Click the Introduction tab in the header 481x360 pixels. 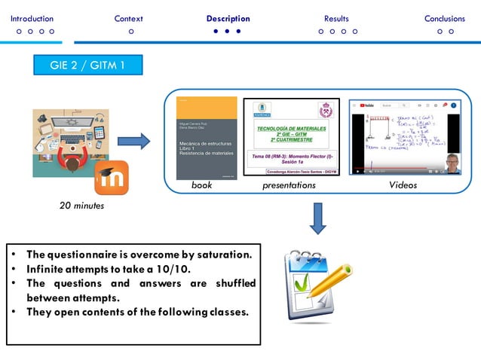32,19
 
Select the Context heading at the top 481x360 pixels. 129,19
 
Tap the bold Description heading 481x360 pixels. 228,19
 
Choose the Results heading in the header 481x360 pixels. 336,19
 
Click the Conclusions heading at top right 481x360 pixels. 445,19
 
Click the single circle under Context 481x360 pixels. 131,32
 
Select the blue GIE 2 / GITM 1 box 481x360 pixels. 87,66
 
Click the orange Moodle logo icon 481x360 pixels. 111,178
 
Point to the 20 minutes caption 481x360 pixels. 82,206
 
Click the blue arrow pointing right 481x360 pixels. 134,140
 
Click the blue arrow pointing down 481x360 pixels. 318,218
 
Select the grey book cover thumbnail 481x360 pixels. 205,137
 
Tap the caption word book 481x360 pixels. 201,185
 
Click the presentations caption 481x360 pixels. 289,185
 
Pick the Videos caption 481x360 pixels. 403,185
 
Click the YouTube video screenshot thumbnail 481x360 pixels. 403,137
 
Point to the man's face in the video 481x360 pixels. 450,162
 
